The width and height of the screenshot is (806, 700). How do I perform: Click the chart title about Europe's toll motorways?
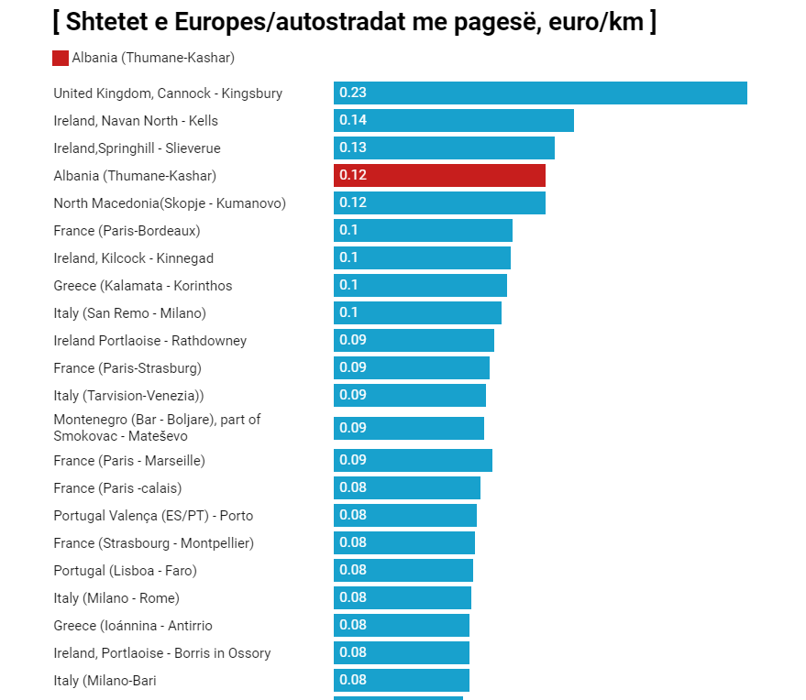click(x=354, y=21)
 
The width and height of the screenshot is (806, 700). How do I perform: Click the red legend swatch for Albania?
click(x=61, y=58)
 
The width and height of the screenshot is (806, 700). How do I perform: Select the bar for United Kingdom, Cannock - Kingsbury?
click(x=540, y=93)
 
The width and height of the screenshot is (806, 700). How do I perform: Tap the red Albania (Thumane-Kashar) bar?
click(x=439, y=176)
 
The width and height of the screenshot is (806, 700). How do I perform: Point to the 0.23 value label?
click(x=353, y=93)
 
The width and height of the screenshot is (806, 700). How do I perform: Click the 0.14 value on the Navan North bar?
click(x=353, y=120)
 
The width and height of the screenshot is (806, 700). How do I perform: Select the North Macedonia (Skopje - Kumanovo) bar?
click(x=439, y=203)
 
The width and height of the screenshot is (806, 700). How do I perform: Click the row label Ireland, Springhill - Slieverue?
click(x=137, y=148)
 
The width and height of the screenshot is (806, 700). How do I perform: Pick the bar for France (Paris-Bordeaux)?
click(x=423, y=231)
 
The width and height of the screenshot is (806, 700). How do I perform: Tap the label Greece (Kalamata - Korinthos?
click(x=143, y=286)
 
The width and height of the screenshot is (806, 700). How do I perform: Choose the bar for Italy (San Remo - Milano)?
click(x=417, y=313)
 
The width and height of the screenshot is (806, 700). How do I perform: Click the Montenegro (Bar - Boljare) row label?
click(x=157, y=428)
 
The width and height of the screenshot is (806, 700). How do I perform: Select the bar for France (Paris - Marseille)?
click(x=413, y=460)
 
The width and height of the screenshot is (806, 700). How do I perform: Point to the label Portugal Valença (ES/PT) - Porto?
click(x=153, y=516)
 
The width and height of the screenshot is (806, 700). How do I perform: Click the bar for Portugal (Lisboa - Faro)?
click(x=403, y=571)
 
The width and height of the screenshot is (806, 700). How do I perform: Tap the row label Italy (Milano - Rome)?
click(x=116, y=598)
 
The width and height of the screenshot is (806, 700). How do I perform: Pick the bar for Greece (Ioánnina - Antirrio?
click(x=402, y=626)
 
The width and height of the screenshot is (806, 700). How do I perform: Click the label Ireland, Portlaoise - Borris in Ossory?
click(x=162, y=653)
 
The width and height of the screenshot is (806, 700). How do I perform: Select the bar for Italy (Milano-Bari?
click(x=402, y=681)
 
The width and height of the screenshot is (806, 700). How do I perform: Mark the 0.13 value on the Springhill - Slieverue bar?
click(x=353, y=148)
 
